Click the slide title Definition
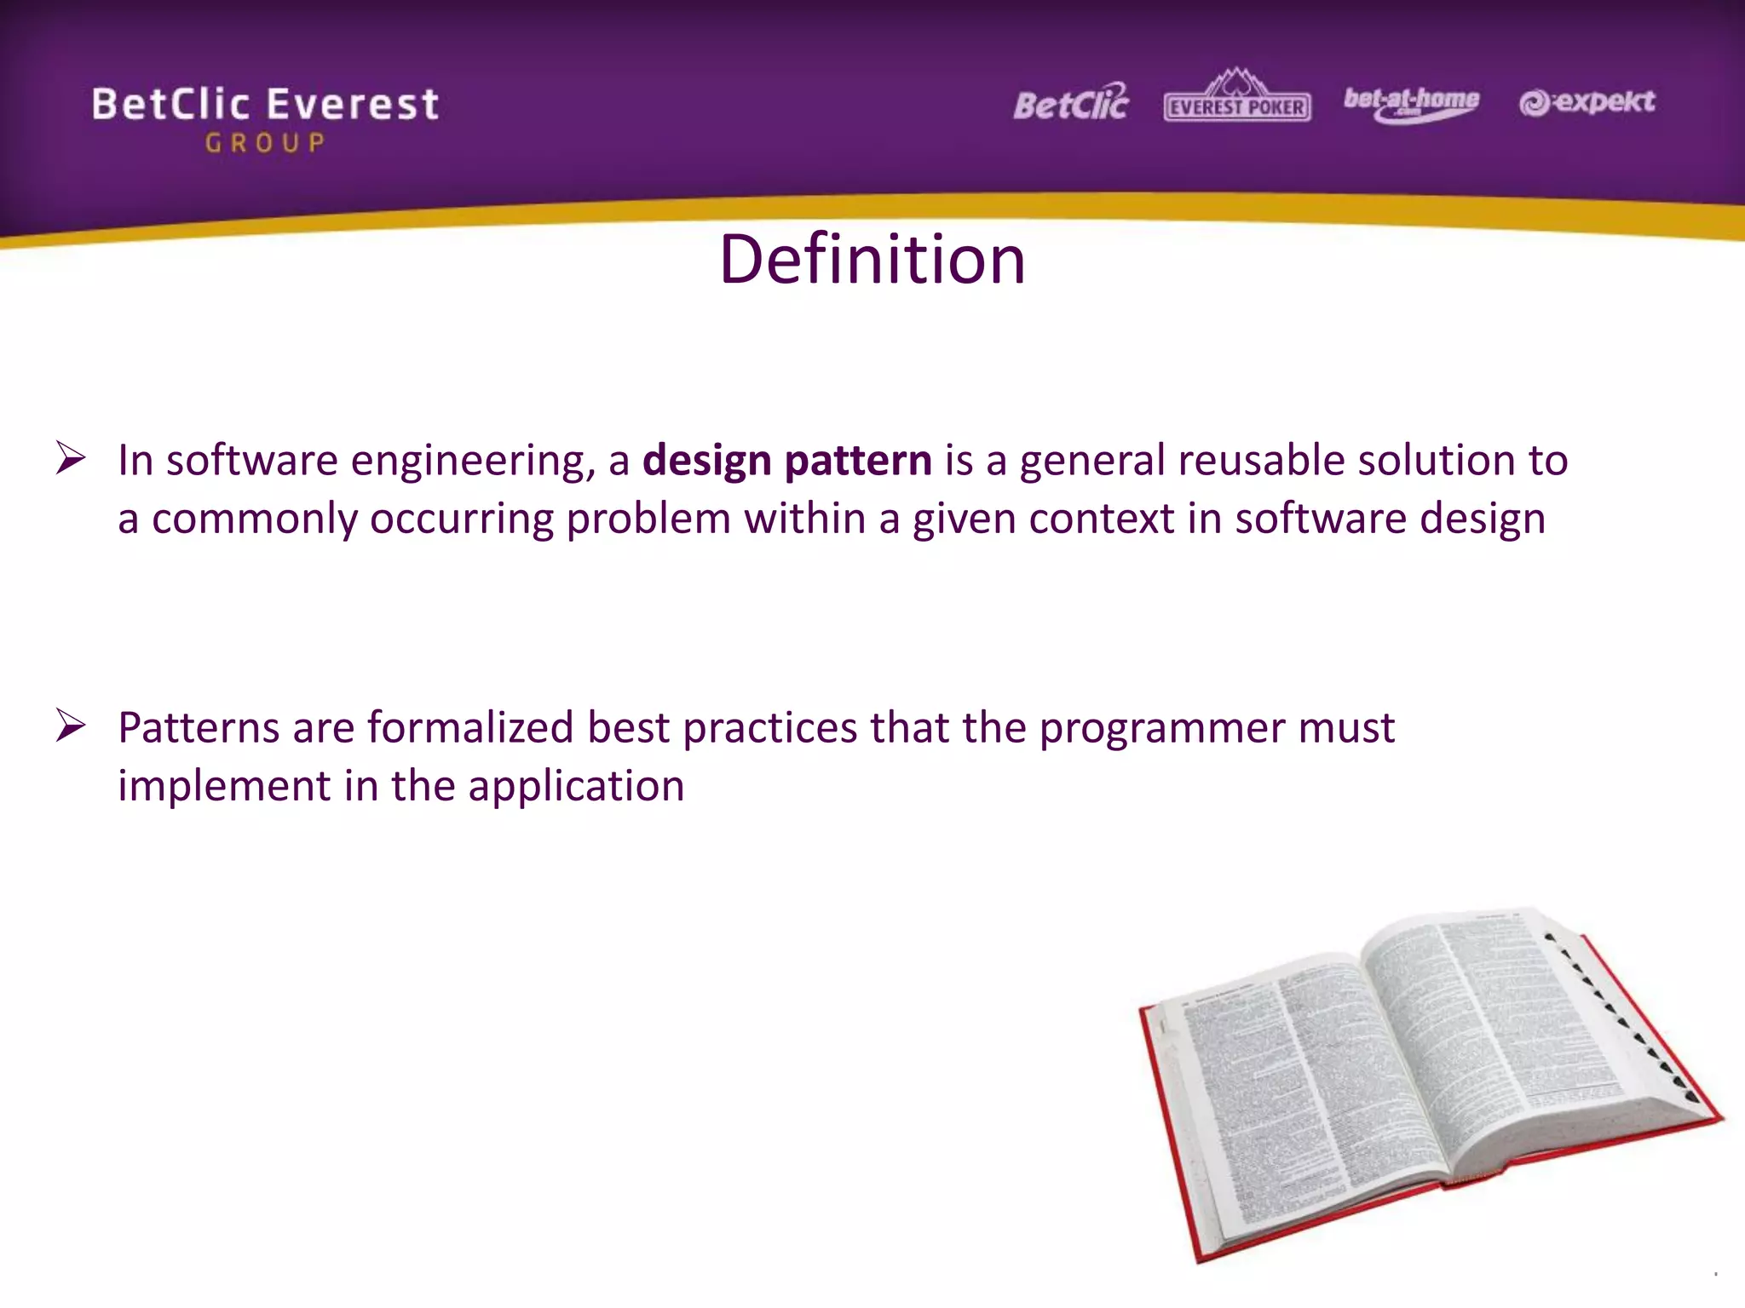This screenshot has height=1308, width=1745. (872, 260)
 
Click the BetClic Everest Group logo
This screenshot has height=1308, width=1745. (265, 118)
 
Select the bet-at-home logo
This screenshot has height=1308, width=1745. (1411, 103)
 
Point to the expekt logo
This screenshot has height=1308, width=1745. (1587, 102)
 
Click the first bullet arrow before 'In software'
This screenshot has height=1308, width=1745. (71, 458)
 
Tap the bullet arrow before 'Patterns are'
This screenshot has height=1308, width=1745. (71, 726)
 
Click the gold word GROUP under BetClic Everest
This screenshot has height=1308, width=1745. (265, 143)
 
